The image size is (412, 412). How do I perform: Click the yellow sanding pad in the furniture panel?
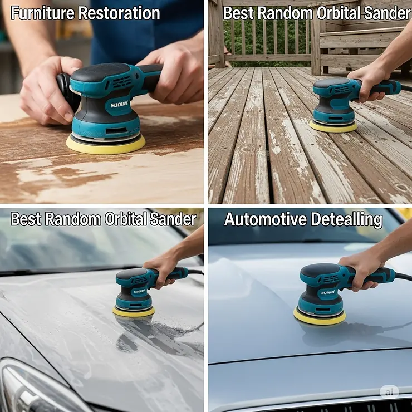(105, 144)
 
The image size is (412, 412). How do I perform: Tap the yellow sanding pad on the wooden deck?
(333, 126)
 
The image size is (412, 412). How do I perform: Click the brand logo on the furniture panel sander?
(119, 104)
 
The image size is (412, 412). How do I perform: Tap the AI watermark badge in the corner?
(389, 392)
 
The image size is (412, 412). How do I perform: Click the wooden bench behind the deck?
(365, 42)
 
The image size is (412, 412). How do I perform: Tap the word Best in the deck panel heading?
(238, 13)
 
